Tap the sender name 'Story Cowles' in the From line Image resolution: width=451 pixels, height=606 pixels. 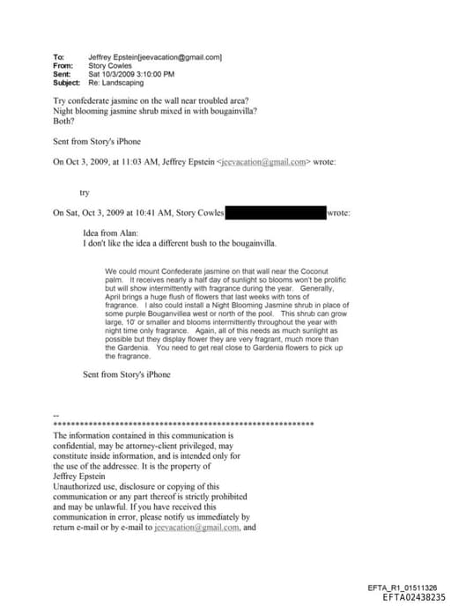click(111, 65)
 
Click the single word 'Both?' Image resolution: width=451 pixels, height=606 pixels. click(63, 121)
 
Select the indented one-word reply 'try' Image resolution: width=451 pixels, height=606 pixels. click(85, 190)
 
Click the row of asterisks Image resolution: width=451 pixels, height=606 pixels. click(183, 425)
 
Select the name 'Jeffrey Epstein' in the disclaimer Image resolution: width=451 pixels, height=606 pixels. click(78, 476)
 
